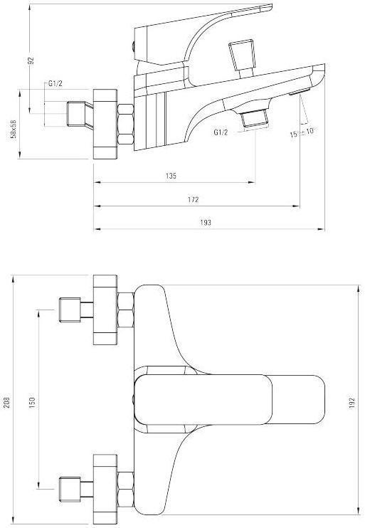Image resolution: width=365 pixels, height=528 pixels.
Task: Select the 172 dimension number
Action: tap(193, 200)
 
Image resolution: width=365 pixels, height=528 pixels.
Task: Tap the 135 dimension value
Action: tap(171, 175)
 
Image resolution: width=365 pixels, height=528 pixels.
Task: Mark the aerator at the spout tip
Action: tap(299, 93)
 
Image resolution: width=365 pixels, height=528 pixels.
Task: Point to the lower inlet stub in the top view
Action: tap(73, 487)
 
